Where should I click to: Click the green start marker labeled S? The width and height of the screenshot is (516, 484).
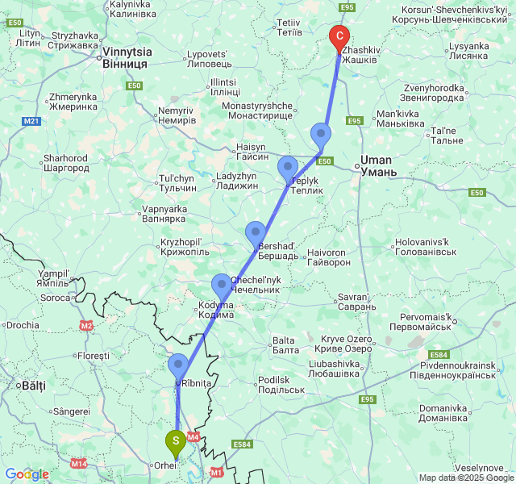tap(176, 441)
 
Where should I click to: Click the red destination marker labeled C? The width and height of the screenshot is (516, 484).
tap(339, 36)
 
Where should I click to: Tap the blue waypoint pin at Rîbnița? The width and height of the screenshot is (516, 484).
tap(177, 365)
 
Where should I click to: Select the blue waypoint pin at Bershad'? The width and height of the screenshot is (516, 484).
tap(256, 233)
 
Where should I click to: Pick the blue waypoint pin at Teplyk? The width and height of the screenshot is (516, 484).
tap(288, 169)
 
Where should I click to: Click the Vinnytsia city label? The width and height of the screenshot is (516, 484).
tap(125, 56)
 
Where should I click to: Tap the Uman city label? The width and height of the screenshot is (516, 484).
tap(376, 165)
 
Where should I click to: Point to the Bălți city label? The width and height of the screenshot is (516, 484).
tap(33, 386)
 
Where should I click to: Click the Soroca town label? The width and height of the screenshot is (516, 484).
tap(56, 298)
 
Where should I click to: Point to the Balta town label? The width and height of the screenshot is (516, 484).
tap(284, 344)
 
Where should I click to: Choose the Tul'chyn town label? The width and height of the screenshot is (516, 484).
tap(177, 182)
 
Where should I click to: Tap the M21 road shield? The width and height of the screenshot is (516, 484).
tap(31, 121)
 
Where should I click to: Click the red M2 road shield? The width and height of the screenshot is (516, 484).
tap(86, 326)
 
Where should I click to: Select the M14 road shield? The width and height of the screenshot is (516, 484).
tap(78, 463)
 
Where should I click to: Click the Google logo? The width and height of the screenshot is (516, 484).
tap(27, 474)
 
